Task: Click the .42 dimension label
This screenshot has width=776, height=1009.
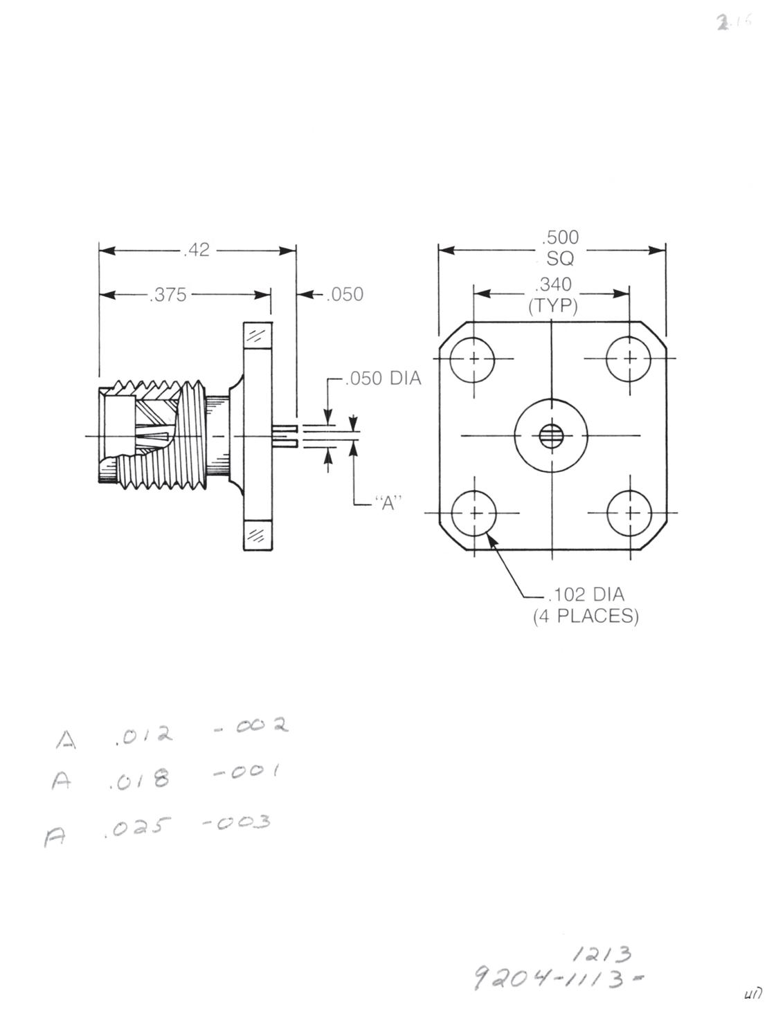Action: coord(197,250)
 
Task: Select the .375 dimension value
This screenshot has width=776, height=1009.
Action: coord(168,295)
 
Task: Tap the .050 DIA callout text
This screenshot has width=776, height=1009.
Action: coord(383,379)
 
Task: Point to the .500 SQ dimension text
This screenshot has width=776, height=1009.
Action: coord(560,248)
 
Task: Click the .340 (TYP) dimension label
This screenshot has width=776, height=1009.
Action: coord(553,295)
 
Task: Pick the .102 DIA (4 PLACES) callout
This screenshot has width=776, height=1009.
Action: coord(586,605)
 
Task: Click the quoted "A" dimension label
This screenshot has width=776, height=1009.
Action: coord(388,503)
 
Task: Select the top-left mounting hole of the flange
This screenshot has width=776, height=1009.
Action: coord(473,359)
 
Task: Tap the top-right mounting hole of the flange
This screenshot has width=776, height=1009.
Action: coord(629,358)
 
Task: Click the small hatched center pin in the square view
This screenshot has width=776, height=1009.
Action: coord(551,436)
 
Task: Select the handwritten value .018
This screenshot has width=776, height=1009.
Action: coord(139,781)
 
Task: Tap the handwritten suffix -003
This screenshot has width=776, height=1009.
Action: coord(235,823)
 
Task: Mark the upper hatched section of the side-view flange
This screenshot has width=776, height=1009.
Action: coord(258,336)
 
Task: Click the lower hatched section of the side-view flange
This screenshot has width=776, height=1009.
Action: coord(258,534)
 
